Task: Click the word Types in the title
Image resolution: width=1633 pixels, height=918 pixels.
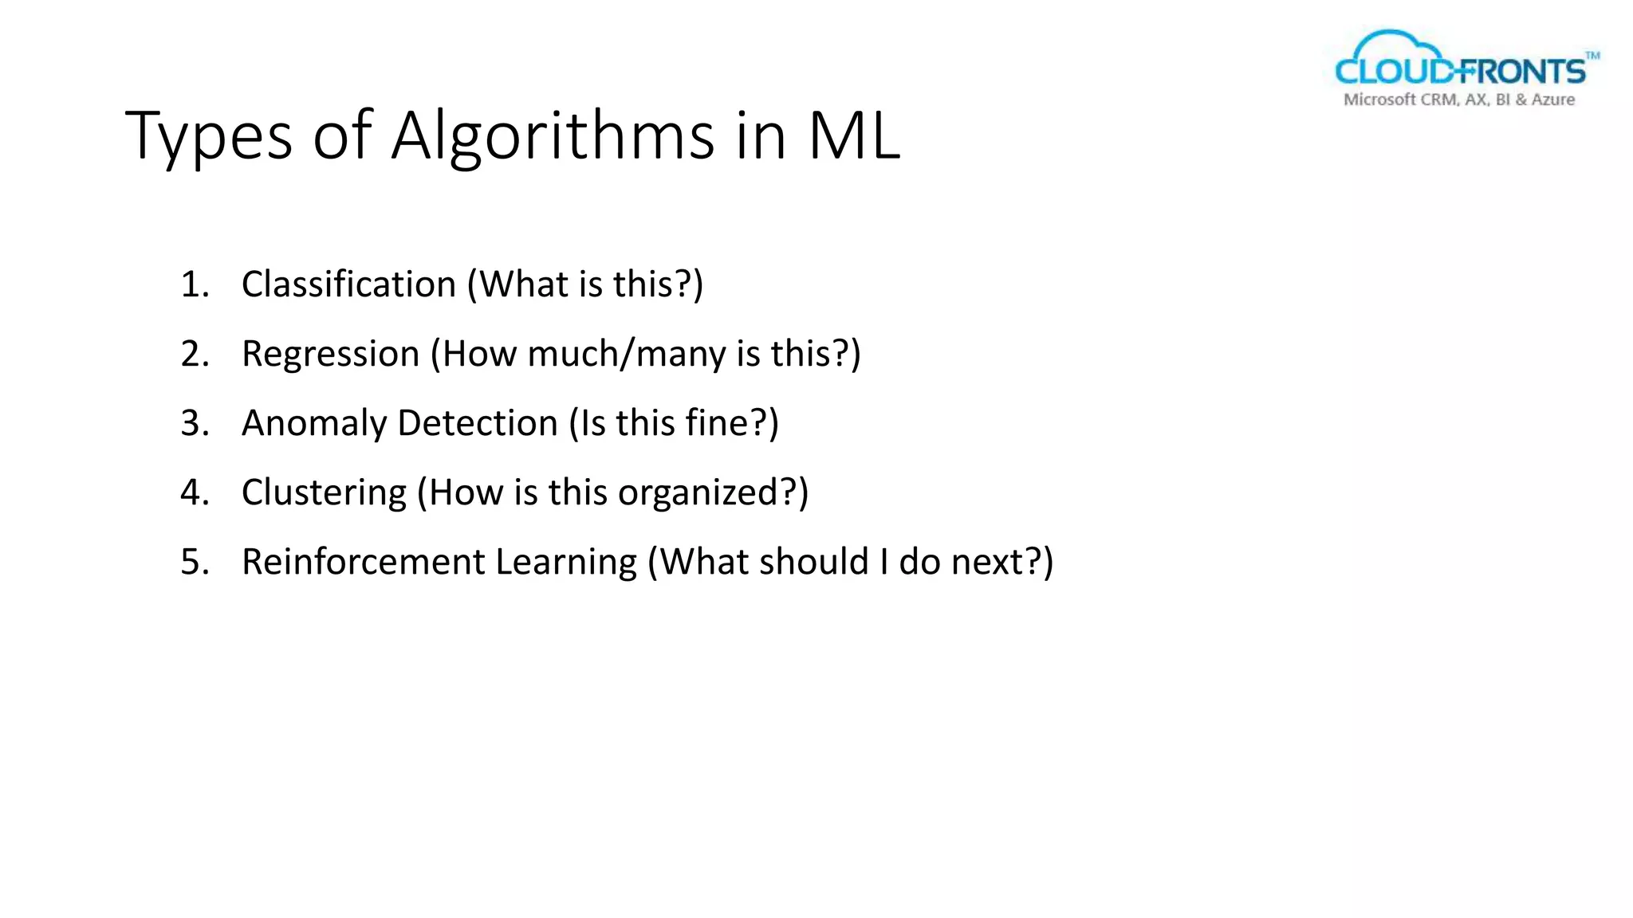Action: tap(209, 137)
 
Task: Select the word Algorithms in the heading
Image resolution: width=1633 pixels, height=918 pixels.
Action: tap(552, 137)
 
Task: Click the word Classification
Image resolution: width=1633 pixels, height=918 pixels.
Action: tap(348, 284)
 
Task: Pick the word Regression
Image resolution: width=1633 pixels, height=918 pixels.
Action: tap(330, 354)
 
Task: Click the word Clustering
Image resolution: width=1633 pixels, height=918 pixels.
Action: tap(324, 492)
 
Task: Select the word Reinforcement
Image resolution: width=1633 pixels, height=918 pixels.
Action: tap(363, 562)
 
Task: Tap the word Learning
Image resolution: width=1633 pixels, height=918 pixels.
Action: tap(566, 563)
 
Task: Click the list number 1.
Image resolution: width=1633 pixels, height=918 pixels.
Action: tap(194, 284)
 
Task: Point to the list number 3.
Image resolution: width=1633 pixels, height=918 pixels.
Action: tap(194, 423)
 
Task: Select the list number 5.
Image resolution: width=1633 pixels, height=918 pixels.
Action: tap(194, 562)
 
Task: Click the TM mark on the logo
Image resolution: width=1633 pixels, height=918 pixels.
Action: tap(1592, 56)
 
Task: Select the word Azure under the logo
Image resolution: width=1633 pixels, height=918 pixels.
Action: tap(1552, 100)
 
